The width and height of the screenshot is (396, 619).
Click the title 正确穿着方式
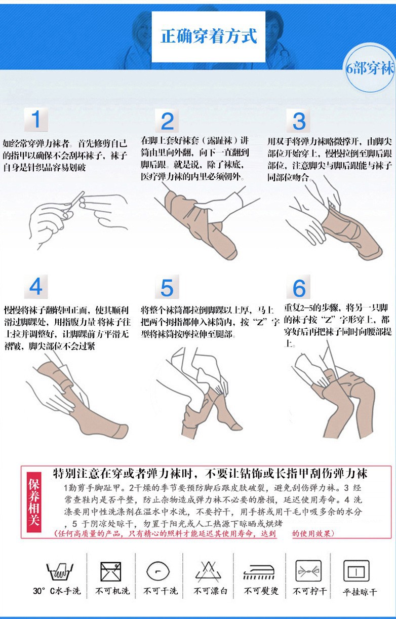coord(209,36)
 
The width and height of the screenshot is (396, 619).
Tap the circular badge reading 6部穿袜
coord(370,68)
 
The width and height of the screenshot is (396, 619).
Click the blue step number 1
coord(36,120)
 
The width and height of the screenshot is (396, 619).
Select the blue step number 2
coord(167,121)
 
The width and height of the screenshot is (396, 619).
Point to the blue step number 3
coord(299,121)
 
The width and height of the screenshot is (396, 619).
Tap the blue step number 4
coord(35,287)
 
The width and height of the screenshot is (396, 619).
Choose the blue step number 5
coord(167,288)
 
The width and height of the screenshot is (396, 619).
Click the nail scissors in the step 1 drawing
coord(72,205)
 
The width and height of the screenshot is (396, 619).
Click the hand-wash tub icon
coord(60,571)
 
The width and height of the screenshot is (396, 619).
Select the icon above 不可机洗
coord(111,571)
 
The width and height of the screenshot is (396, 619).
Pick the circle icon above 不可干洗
coord(158,571)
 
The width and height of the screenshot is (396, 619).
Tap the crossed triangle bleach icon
coord(209,571)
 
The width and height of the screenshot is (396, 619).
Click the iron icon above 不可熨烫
coord(259,572)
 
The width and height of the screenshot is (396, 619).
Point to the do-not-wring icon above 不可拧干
coord(308,571)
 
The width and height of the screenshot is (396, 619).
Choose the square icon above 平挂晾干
coord(356,571)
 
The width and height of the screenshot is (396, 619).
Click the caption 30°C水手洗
coord(57,591)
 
